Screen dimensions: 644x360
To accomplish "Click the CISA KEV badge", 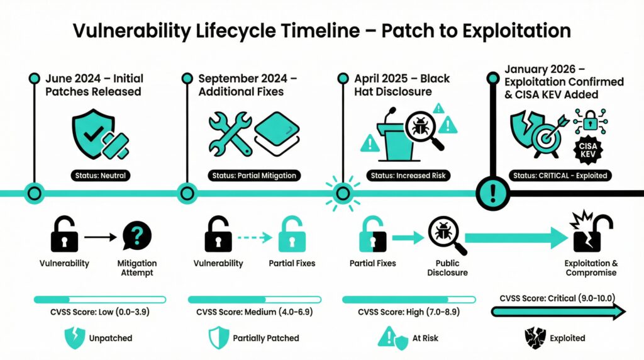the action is click(588, 150).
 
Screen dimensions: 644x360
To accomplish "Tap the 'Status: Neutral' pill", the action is click(101, 176).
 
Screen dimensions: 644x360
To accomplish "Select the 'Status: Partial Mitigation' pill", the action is click(254, 176).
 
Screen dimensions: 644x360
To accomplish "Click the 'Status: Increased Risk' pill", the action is click(408, 176).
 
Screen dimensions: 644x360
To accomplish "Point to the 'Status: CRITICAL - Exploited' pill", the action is click(560, 176).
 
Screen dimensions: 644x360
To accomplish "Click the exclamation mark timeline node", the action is click(493, 193).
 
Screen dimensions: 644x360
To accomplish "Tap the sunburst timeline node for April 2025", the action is click(343, 193).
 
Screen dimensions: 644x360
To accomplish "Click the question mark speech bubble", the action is click(137, 235).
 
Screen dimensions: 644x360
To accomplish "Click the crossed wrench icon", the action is click(230, 133).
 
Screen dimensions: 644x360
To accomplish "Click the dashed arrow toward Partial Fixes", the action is click(255, 237).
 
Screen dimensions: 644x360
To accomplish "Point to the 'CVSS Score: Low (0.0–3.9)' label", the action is click(100, 312).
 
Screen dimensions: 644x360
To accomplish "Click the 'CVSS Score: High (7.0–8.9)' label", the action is click(409, 312).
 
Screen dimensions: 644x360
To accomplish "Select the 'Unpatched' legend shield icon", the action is click(75, 338).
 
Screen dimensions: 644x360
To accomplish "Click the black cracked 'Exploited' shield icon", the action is click(535, 338).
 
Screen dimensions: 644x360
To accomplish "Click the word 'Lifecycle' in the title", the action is click(235, 31).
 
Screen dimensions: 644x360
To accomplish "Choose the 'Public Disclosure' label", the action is click(447, 268).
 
